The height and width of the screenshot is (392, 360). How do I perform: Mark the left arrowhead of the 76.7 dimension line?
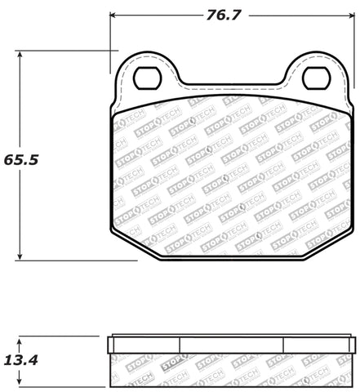(114, 14)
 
